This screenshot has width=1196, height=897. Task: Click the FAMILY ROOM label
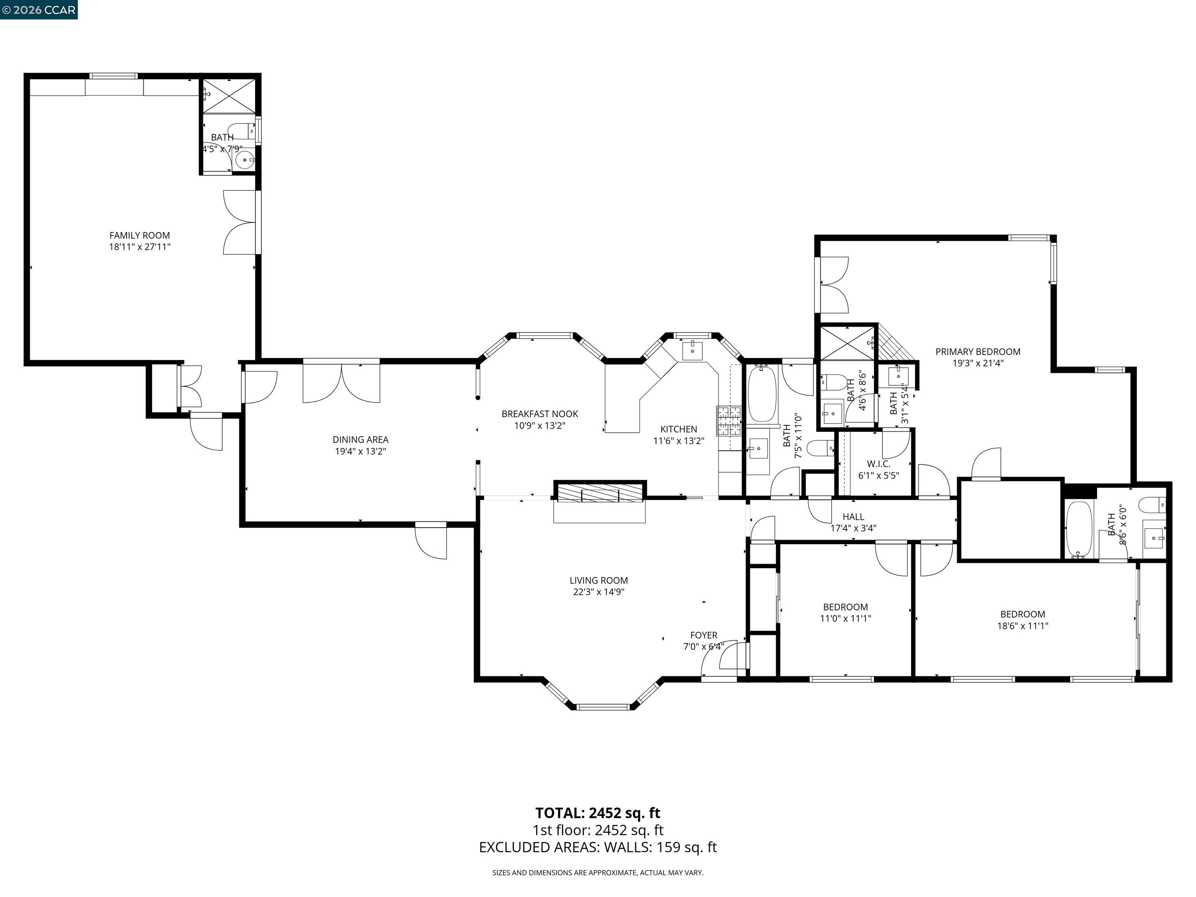click(139, 235)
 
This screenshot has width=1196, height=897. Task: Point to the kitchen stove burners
click(729, 420)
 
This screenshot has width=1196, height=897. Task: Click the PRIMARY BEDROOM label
click(978, 352)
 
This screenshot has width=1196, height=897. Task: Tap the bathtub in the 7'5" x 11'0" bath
click(762, 394)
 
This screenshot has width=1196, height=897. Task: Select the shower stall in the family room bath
click(228, 96)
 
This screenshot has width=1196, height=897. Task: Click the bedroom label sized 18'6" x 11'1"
click(1022, 614)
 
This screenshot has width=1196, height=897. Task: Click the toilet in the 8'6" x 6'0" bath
click(1152, 505)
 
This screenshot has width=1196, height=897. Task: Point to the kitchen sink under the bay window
click(692, 350)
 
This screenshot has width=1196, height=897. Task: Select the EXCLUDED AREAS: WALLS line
click(598, 847)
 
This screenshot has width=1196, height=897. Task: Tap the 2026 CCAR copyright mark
click(39, 10)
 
